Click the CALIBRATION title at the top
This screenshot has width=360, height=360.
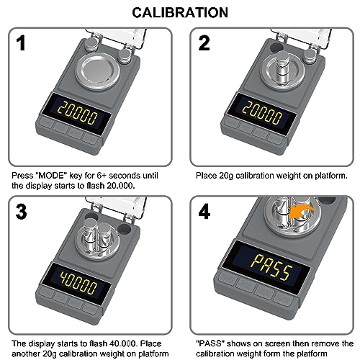(x=180, y=12)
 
